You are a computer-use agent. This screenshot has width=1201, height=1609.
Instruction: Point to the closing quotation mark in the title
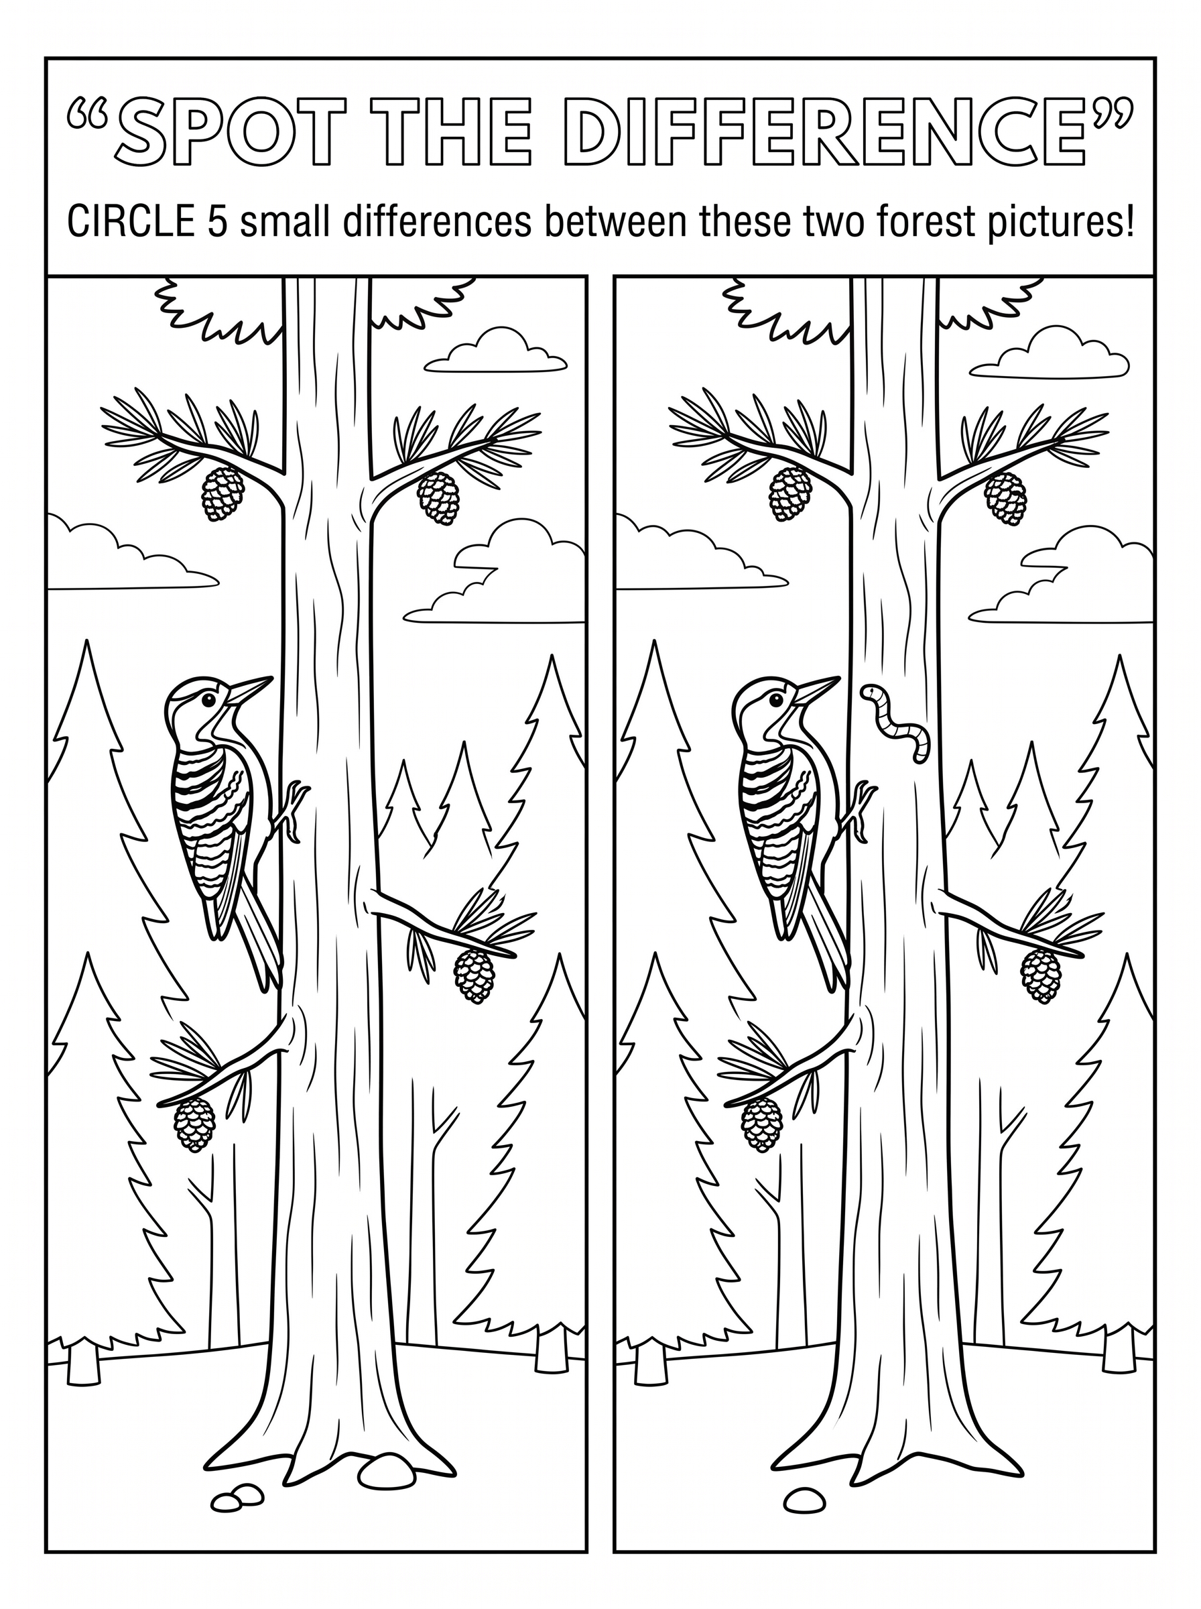click(x=1111, y=117)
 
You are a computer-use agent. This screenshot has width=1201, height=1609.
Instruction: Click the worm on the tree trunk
click(x=897, y=723)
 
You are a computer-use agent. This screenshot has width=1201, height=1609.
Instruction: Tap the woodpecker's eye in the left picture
click(x=208, y=699)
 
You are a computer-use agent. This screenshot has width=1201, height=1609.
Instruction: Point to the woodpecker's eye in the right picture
click(x=775, y=699)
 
